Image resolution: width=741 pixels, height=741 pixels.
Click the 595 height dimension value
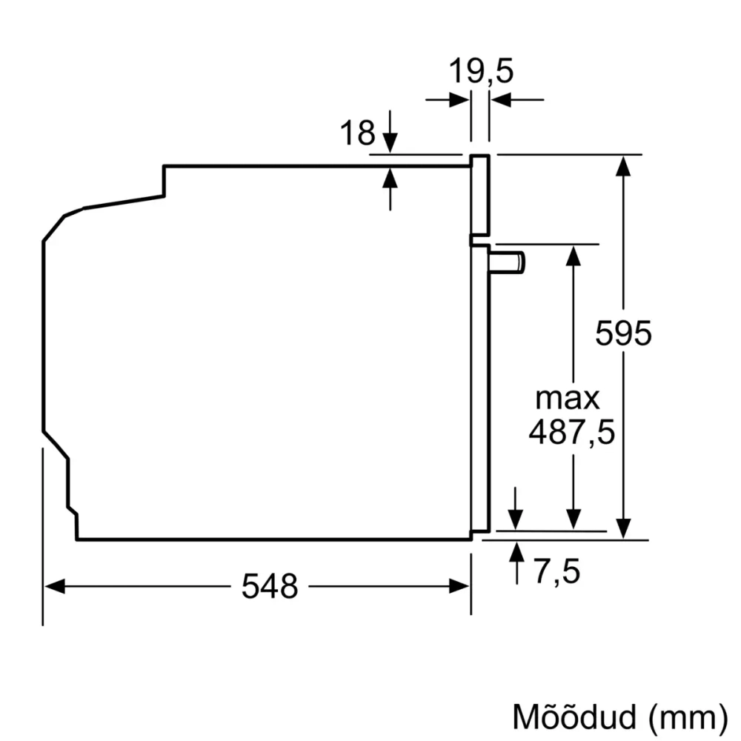click(624, 333)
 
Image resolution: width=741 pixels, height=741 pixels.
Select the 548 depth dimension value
click(270, 587)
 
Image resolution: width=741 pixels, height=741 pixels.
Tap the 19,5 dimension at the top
click(481, 73)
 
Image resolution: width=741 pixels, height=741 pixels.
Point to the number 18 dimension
click(357, 133)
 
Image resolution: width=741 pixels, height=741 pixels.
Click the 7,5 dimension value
click(556, 571)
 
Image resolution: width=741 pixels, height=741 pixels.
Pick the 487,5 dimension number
click(571, 432)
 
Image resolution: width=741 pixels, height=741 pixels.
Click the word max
click(568, 399)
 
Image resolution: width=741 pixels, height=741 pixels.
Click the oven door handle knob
click(511, 262)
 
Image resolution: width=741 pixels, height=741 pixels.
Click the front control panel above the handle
click(480, 196)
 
